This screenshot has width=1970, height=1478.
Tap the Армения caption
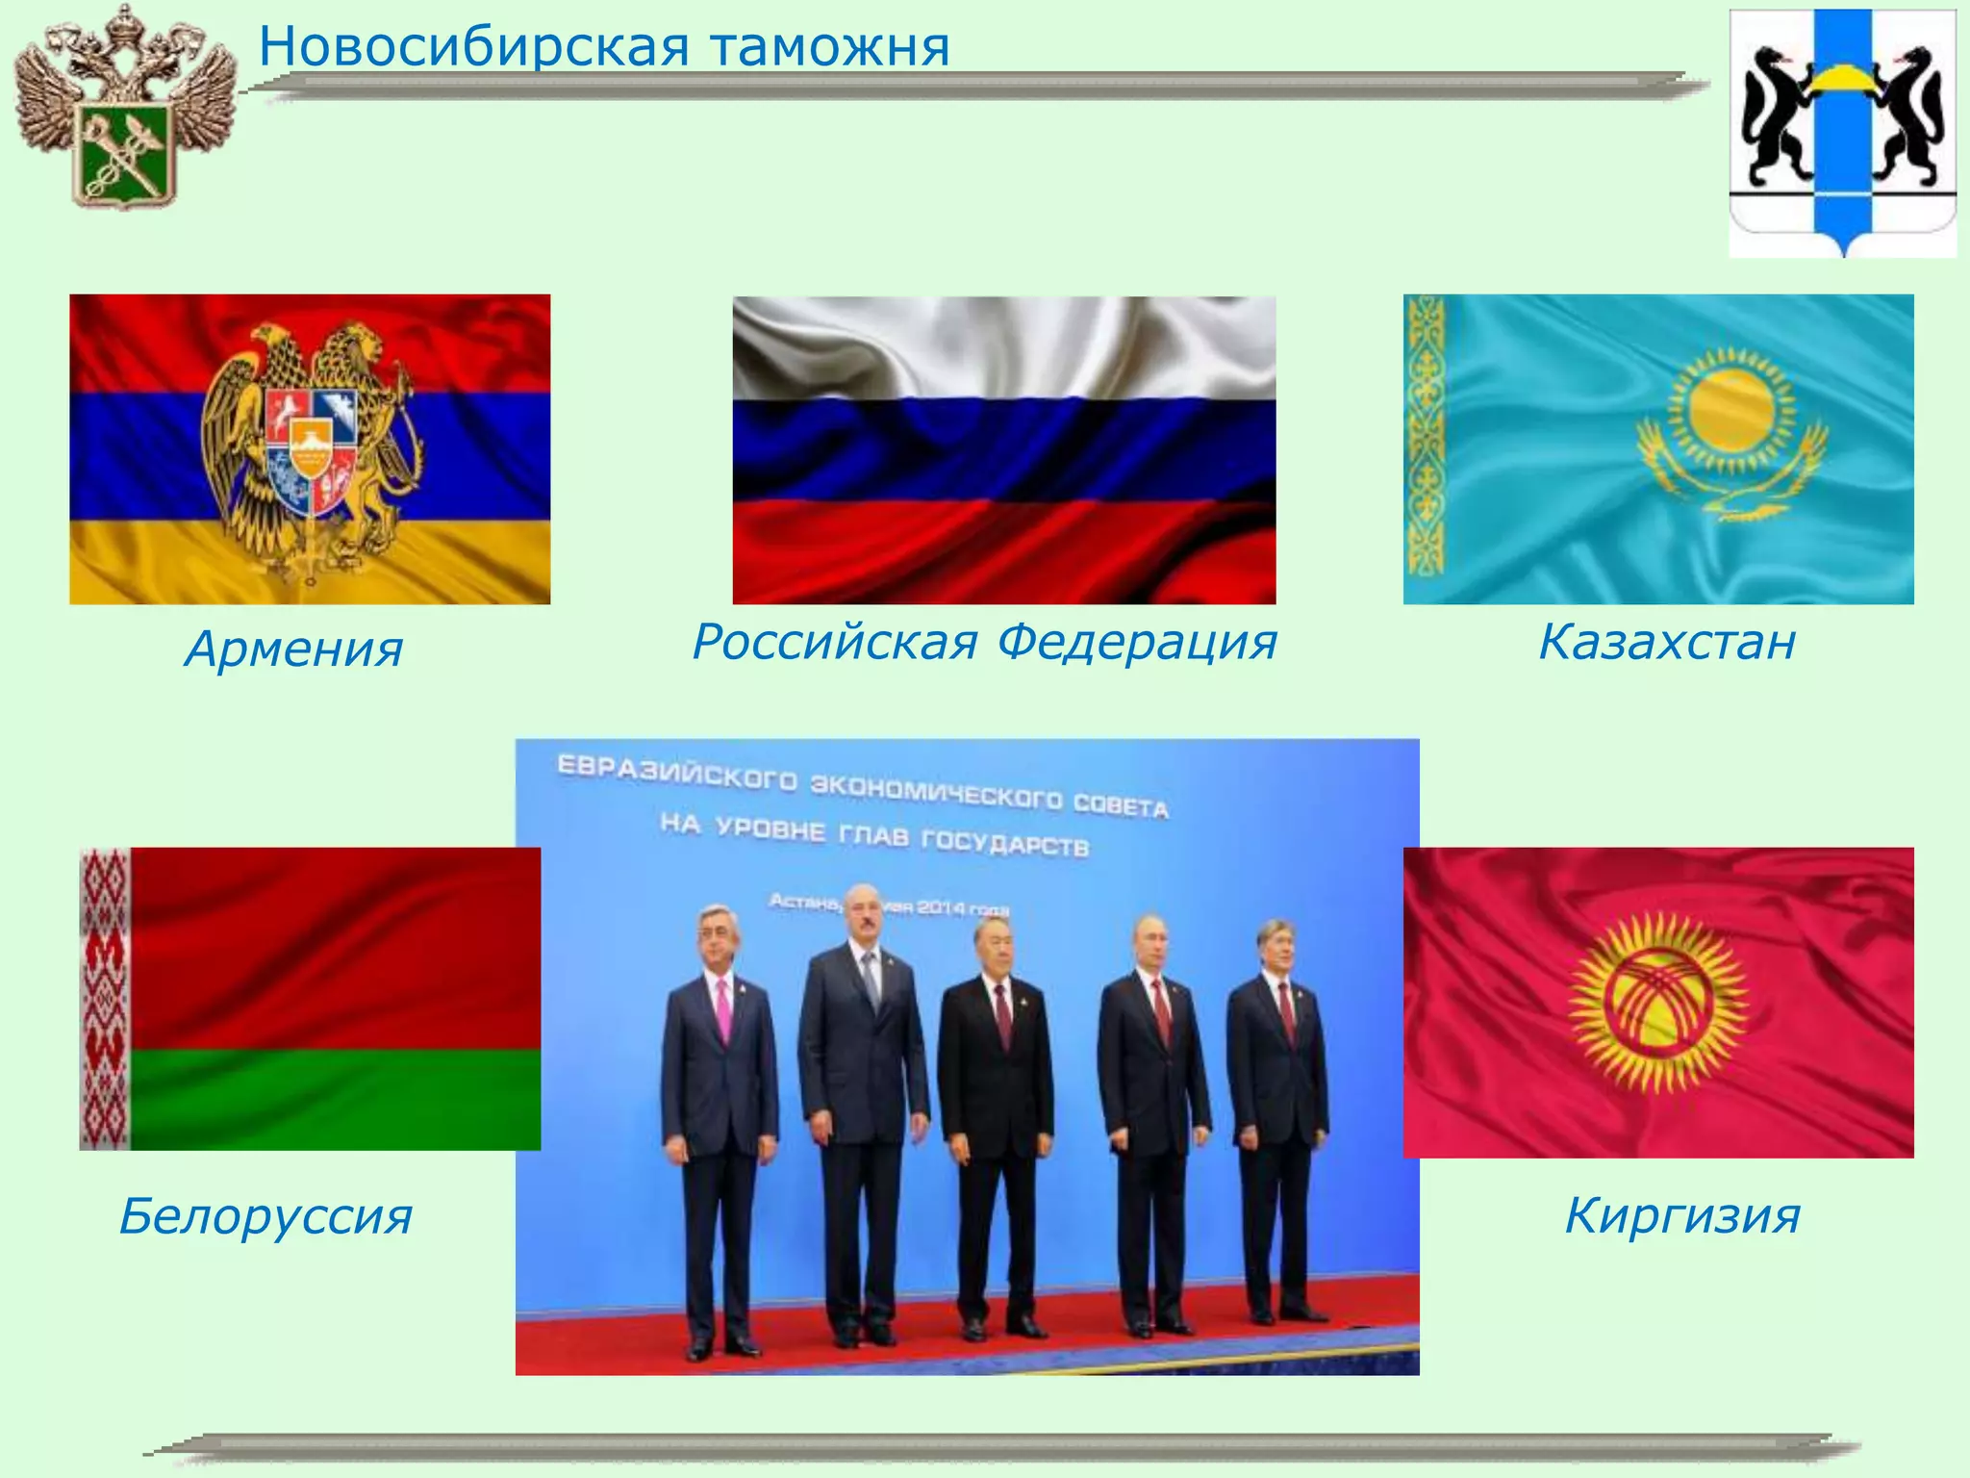pos(293,649)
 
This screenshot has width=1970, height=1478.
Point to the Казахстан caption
pos(1667,641)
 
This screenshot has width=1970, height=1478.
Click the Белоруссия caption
pos(265,1215)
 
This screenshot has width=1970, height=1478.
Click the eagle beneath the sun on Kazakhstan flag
pos(1731,486)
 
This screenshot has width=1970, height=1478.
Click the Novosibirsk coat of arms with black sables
pos(1842,130)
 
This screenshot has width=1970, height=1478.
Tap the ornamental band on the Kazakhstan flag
pos(1425,448)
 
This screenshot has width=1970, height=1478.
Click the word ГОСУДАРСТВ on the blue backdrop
pos(1004,843)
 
